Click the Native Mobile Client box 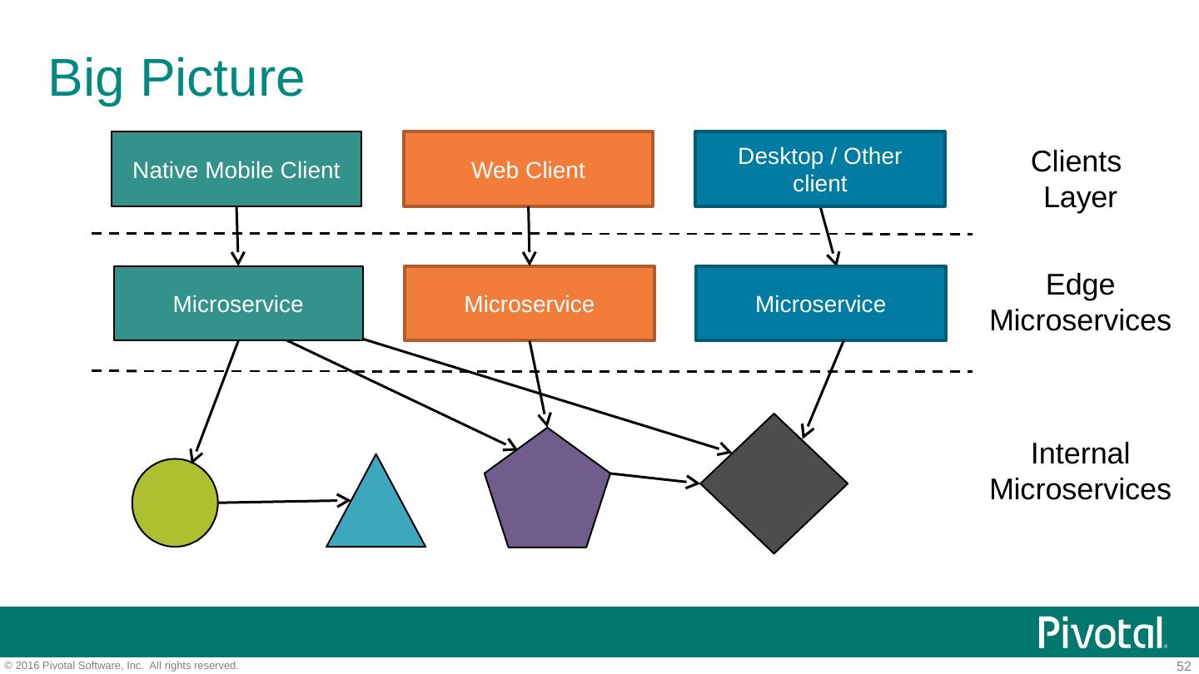coord(236,170)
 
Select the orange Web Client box coord(528,170)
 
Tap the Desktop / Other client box coord(820,170)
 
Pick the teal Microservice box coord(238,304)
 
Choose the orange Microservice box coord(530,304)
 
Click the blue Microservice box coord(820,304)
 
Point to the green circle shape coord(175,503)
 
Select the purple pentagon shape coord(547,493)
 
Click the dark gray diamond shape coord(774,483)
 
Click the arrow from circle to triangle coord(283,502)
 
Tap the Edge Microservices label coord(1080,303)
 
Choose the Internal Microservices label coord(1080,472)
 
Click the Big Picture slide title coord(177,78)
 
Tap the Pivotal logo coord(1102,633)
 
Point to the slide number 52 coord(1183,667)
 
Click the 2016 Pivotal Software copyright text coord(122,666)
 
